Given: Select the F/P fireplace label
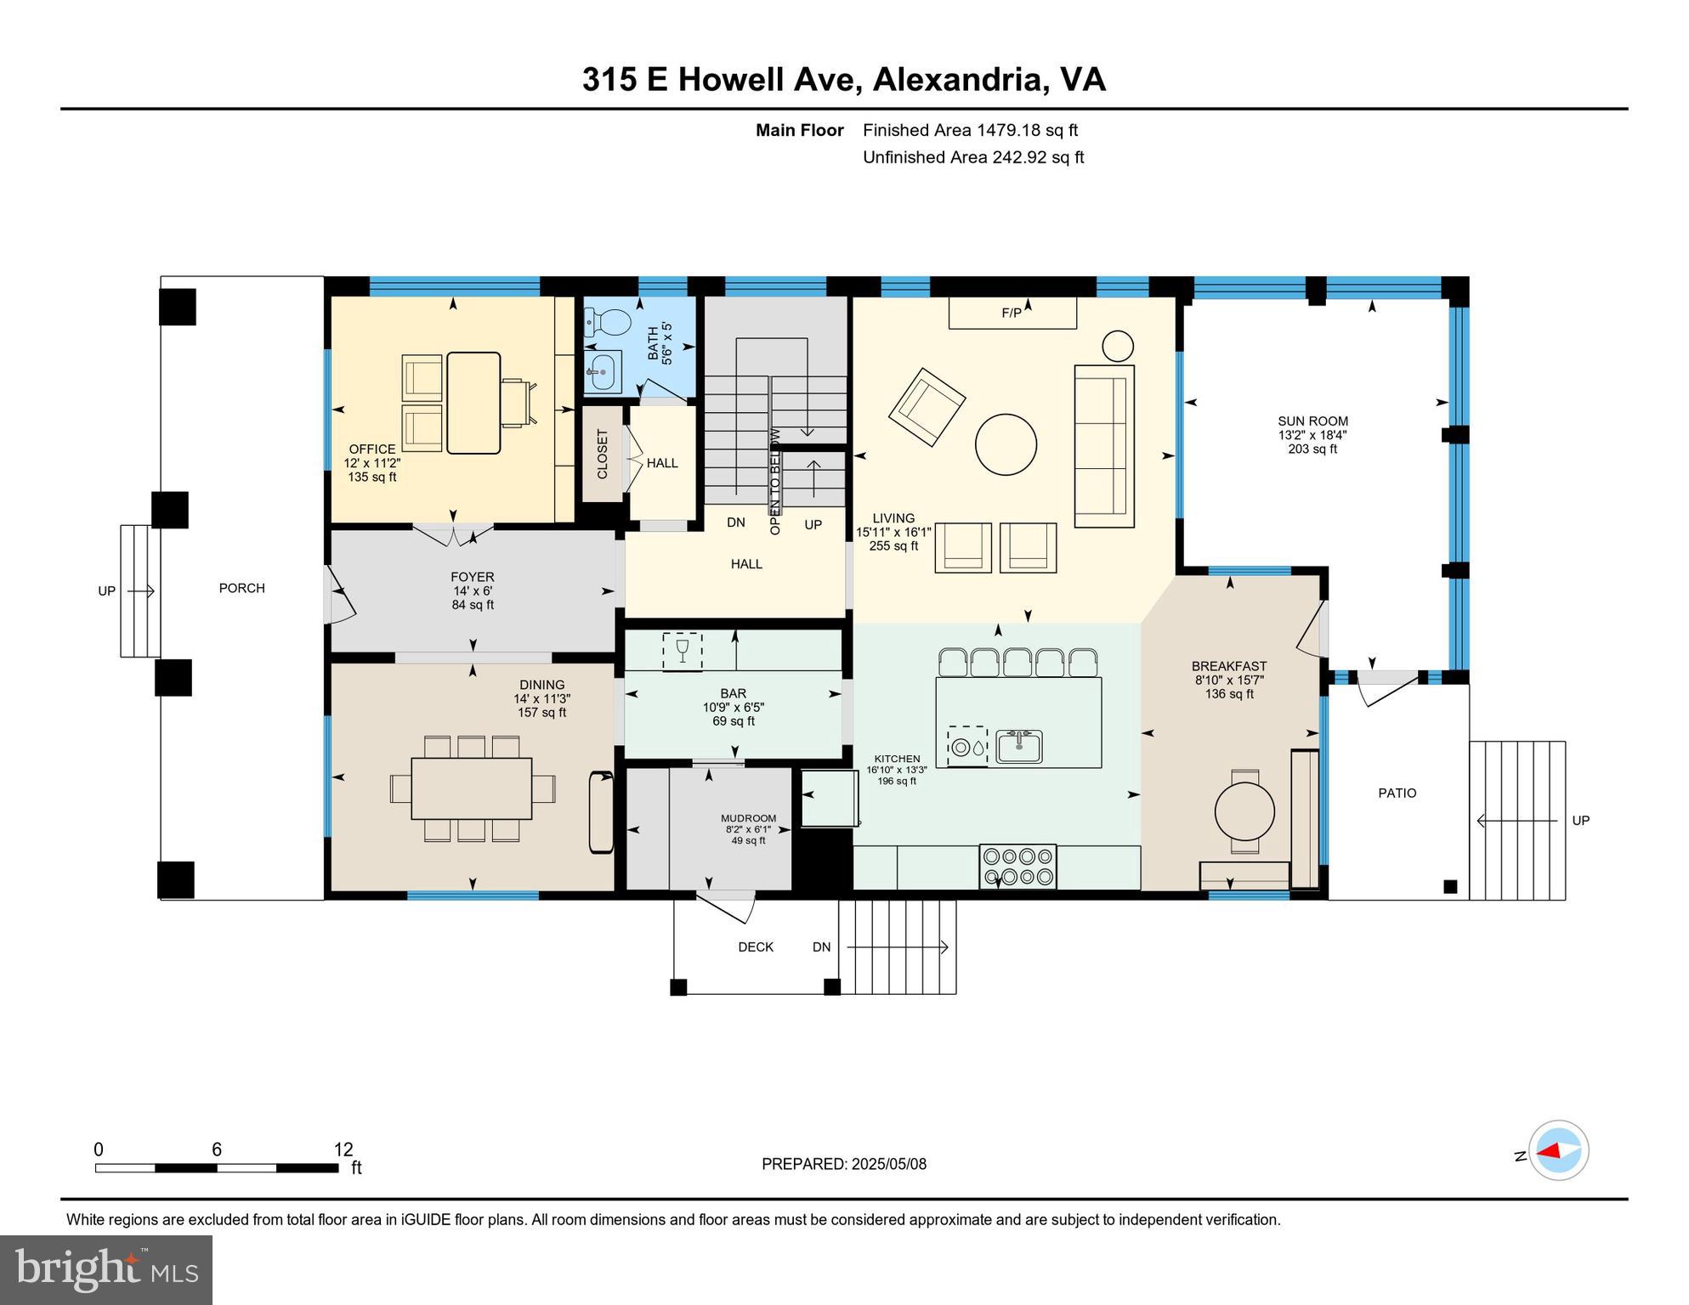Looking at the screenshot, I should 1012,314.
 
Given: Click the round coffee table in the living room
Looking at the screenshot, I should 1006,444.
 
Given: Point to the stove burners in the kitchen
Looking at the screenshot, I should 1018,867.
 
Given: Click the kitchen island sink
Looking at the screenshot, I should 1019,747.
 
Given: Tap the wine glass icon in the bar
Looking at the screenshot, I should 682,652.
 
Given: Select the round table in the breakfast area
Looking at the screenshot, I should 1244,811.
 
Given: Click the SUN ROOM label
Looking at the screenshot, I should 1312,421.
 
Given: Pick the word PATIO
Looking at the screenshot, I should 1397,793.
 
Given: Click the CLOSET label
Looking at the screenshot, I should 603,455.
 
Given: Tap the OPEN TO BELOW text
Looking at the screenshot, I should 774,481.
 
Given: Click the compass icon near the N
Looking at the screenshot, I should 1559,1150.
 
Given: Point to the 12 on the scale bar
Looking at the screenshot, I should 343,1150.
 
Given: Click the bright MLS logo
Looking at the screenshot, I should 106,1269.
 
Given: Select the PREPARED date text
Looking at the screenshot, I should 843,1164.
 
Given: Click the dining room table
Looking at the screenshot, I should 472,788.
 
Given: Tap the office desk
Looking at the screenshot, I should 473,403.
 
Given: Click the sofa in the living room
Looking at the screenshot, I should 1104,446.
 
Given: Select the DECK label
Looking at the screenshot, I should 755,946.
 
